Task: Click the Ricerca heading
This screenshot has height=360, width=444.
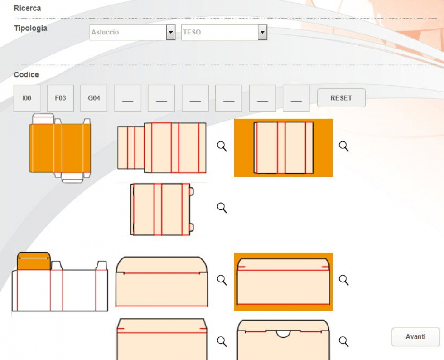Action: pos(27,8)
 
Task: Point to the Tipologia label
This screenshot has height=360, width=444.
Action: pos(30,28)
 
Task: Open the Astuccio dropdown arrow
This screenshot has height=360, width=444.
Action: pos(170,32)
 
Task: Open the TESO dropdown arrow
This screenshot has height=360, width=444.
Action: pos(262,32)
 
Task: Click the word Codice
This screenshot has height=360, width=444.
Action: pos(26,74)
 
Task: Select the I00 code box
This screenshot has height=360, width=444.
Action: pos(27,98)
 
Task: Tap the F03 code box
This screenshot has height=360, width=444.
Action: pos(60,98)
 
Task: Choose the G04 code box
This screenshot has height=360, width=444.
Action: pos(94,98)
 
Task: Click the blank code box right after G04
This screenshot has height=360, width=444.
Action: pos(128,98)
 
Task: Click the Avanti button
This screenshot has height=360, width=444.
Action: pos(415,337)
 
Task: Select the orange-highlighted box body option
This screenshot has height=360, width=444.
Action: pos(283,148)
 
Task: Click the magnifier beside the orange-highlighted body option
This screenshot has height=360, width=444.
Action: pos(344,146)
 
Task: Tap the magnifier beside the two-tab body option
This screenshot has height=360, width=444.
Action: pos(222,208)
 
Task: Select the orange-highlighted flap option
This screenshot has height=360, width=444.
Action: pos(283,282)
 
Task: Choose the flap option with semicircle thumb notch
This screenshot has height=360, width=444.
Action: pos(283,340)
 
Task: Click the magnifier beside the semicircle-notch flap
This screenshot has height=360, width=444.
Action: pos(344,341)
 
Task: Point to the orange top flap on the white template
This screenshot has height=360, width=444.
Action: pos(34,261)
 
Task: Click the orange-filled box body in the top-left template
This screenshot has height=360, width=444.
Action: pos(60,148)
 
